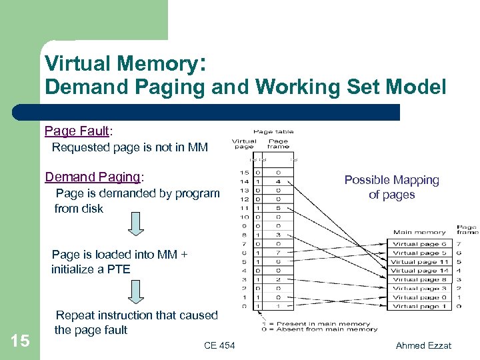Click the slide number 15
21,341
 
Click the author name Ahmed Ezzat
423,345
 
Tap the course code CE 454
219,345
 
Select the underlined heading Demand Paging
93,177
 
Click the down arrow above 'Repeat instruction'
135,291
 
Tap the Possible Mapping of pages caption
391,187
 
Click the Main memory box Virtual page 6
419,244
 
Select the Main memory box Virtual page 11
419,262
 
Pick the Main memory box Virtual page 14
419,271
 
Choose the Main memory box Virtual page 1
419,307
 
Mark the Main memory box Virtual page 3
419,289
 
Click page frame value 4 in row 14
277,181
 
